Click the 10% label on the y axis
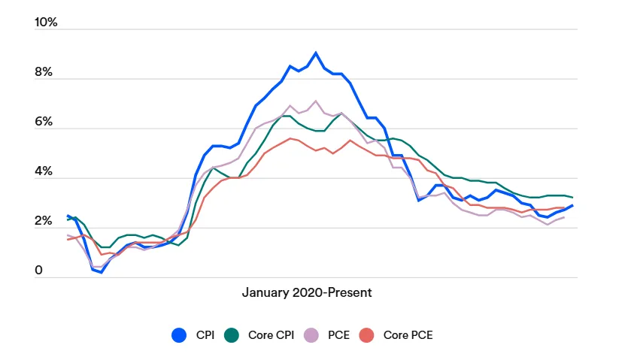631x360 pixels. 46,23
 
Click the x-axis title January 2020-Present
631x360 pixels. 306,292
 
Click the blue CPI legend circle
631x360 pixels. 179,335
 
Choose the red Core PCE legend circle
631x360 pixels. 367,335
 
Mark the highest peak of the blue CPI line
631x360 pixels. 316,53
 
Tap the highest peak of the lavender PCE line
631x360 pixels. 316,101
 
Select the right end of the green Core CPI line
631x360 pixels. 572,197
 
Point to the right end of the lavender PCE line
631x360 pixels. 564,217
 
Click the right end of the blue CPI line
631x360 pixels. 572,205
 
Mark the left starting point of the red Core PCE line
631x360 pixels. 68,239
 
